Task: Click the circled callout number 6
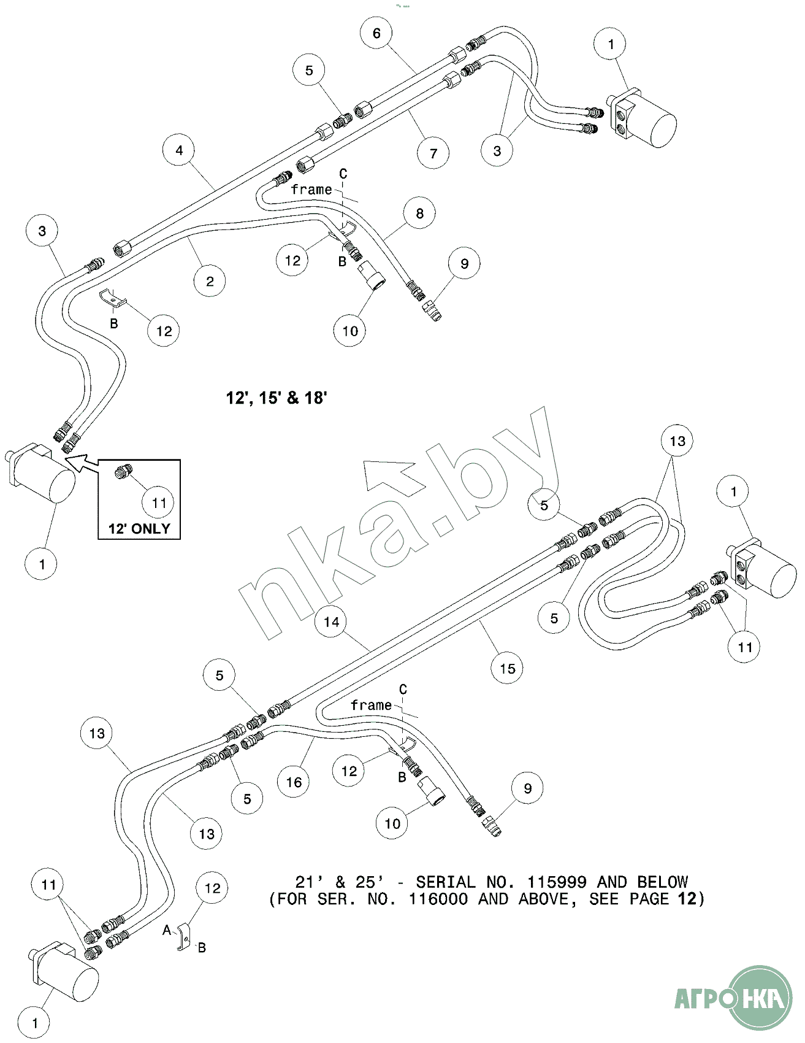coord(376,33)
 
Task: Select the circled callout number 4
coord(179,150)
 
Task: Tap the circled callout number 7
coord(433,153)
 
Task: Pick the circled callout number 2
coord(210,282)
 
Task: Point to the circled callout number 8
coord(419,214)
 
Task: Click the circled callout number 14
coord(331,622)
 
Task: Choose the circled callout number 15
coord(507,668)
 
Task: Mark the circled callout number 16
coord(294,782)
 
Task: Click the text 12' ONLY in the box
coord(139,529)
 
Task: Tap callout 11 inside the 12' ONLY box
coord(159,503)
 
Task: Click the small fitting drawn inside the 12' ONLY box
coord(122,472)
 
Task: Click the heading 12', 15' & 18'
coord(277,398)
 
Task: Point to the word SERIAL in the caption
coord(445,882)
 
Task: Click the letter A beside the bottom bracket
coord(167,931)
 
